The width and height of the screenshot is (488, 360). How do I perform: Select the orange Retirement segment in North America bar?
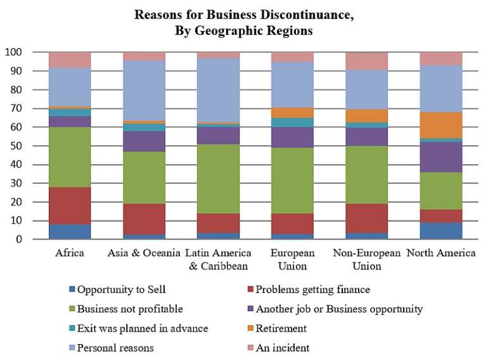click(x=442, y=125)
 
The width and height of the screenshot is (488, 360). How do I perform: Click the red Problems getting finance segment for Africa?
click(x=70, y=206)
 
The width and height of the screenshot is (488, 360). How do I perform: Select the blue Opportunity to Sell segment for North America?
click(x=442, y=231)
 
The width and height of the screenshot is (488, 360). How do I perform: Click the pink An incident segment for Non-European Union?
click(x=367, y=61)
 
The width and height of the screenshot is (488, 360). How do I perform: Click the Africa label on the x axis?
click(x=70, y=254)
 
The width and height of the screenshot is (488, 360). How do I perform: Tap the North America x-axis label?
click(x=442, y=254)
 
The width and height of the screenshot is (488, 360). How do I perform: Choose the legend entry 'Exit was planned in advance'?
click(x=142, y=328)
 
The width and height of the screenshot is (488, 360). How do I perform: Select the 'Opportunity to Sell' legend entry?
click(x=122, y=290)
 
